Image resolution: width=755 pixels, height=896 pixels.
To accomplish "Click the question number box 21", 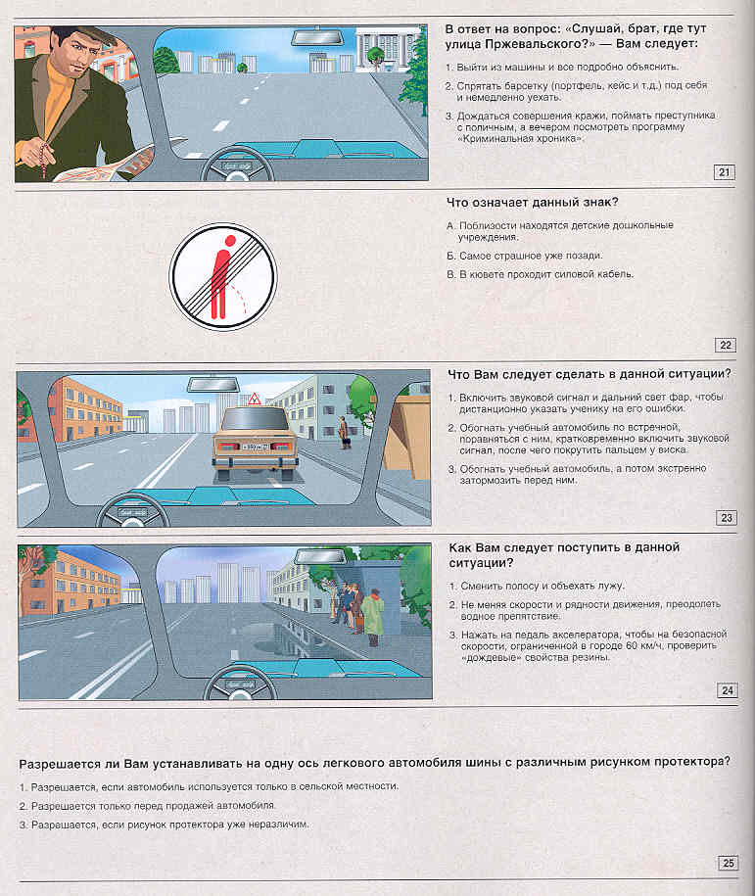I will click(726, 173).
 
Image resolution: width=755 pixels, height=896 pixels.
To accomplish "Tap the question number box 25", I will click(728, 863).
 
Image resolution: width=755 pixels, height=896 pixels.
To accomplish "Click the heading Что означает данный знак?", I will click(532, 203).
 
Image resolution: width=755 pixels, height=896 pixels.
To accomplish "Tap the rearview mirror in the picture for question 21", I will click(316, 39).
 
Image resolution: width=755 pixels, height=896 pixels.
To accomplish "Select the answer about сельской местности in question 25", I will click(210, 786).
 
